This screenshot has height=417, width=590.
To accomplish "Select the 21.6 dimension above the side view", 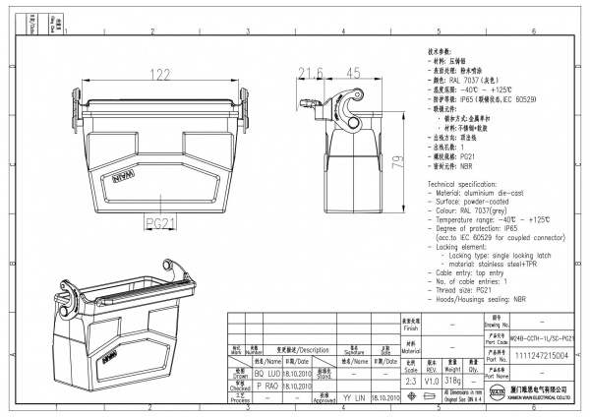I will [x=312, y=73].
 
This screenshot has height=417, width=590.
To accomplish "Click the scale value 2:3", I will [x=411, y=379].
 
